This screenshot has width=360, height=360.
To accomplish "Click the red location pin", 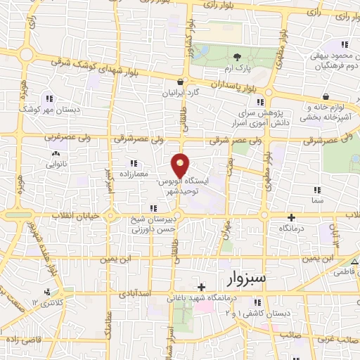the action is click(181, 165).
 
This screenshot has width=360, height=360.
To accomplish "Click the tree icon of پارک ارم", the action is click(237, 58).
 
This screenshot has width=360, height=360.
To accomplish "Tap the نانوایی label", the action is click(58, 162).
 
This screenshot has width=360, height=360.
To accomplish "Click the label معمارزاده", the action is click(131, 172).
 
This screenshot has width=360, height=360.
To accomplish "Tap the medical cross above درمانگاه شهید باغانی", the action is click(202, 287).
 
